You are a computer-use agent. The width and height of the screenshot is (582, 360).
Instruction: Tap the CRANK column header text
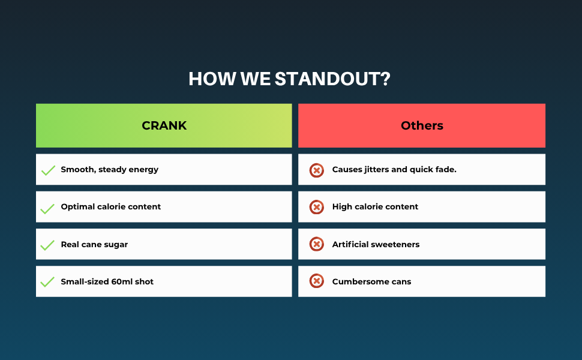coord(164,125)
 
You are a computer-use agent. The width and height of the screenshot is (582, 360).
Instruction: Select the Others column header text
coord(422,125)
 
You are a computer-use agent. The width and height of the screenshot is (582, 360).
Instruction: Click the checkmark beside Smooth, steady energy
coord(48,170)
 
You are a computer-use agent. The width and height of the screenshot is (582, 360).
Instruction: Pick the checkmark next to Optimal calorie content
coord(47,209)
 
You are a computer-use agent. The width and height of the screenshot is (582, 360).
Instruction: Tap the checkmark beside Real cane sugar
coord(47,245)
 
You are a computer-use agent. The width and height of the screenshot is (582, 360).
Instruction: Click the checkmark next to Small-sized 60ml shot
coord(47,282)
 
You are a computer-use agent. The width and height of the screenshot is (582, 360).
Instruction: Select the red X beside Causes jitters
coord(317,170)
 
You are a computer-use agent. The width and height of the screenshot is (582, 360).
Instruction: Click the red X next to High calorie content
coord(317,207)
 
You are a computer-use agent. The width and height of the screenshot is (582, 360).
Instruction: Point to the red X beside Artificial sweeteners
coord(317,244)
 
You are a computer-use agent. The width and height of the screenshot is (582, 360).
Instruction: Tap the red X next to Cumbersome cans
coord(317,281)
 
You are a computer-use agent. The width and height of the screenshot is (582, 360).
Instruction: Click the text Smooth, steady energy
coord(109,170)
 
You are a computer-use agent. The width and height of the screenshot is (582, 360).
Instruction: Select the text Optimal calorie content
coord(110,207)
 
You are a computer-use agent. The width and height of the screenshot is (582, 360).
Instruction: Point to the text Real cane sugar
coord(94,245)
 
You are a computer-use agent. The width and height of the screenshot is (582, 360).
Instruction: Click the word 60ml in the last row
coord(122,281)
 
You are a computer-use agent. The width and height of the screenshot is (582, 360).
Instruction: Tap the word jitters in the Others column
coord(376,170)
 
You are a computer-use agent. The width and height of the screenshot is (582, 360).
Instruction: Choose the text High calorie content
coord(375,207)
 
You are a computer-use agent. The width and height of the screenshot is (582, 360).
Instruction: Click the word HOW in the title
coord(212,79)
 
